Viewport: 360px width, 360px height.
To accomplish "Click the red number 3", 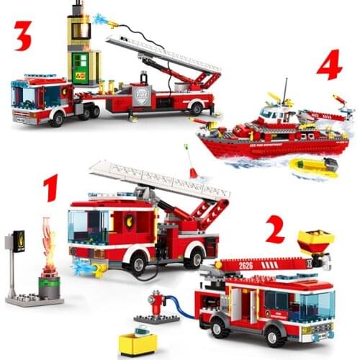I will [23, 35].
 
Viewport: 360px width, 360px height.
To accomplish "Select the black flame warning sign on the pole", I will [19, 241].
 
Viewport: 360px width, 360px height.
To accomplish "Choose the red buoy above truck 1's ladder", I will [193, 171].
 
